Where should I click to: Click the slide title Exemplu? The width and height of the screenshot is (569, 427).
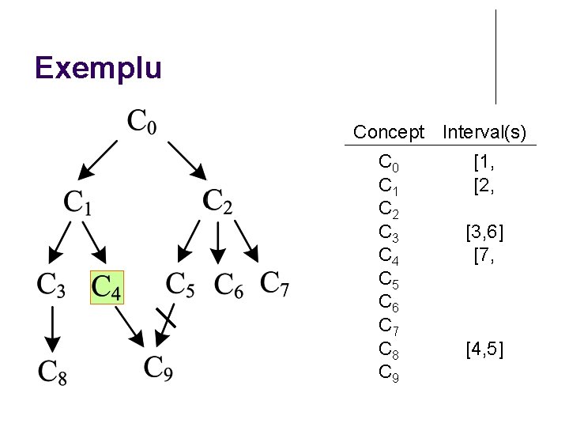(98, 68)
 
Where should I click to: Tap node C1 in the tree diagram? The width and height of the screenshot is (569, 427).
(78, 202)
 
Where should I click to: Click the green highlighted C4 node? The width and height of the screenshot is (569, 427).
(107, 288)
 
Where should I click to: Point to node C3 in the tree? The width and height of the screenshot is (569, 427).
(51, 286)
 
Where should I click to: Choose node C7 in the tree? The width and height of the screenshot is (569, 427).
(275, 284)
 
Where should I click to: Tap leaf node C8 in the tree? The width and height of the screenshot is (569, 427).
(52, 372)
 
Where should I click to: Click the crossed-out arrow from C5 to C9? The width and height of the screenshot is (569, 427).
(167, 321)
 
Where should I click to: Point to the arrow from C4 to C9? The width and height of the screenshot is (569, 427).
(130, 324)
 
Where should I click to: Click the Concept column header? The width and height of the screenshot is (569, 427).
(389, 132)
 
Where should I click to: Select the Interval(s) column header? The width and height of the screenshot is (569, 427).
(484, 132)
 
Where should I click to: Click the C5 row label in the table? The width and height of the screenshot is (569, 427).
(389, 279)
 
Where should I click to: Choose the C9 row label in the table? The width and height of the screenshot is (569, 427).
(389, 372)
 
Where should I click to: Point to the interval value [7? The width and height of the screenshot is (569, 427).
(484, 255)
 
